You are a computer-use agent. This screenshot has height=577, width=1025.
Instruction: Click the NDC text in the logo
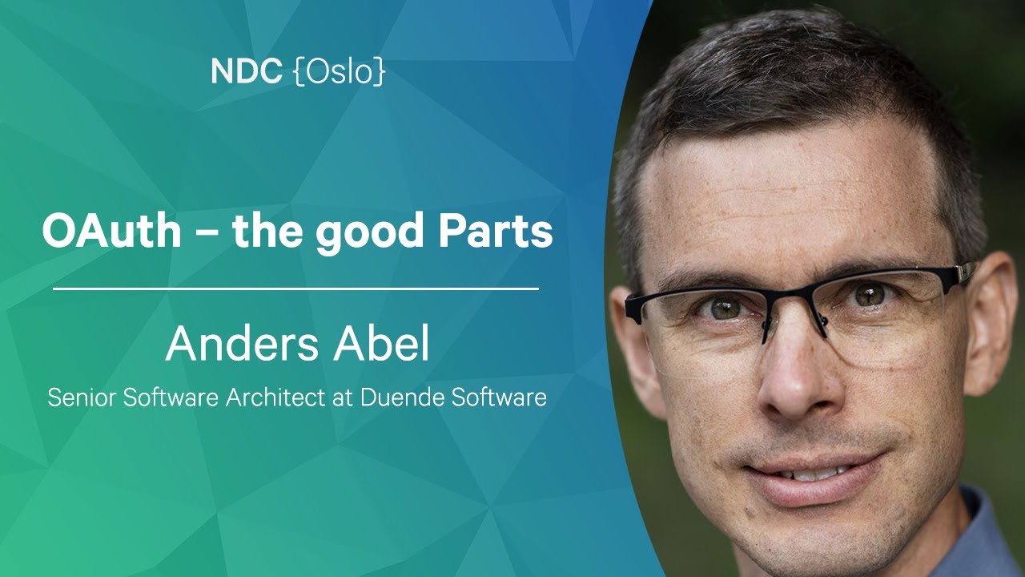pos(247,71)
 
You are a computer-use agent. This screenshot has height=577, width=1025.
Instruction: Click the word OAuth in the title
pos(111,231)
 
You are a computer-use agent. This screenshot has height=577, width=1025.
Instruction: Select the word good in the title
pos(370,234)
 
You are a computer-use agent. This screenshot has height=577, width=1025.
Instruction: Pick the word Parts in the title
pos(496,231)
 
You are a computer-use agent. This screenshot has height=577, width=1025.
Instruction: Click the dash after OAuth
pos(207,235)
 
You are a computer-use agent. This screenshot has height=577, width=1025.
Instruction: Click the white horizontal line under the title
pos(295,289)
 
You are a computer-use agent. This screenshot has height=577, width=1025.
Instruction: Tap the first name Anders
pos(242,344)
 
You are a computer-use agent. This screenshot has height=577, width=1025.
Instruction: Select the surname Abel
pos(381,344)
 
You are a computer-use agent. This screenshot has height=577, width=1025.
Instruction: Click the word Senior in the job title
pos(82,397)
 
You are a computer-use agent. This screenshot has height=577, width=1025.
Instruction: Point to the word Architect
pos(275,397)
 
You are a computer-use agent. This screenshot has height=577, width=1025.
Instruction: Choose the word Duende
pos(402,397)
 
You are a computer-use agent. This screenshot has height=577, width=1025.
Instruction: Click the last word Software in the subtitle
pos(499,397)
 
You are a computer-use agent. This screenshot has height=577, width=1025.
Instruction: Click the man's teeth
pos(819,474)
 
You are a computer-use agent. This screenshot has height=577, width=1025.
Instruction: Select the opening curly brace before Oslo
pos(299,72)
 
